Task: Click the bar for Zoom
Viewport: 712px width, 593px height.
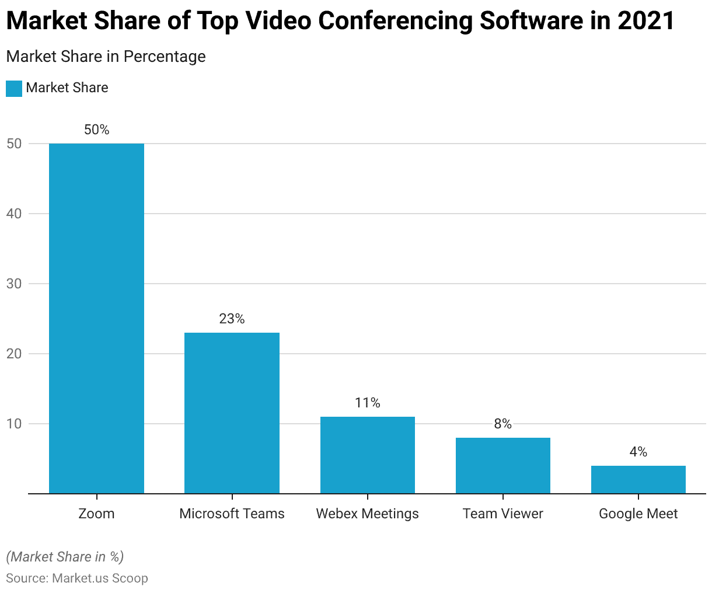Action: click(x=96, y=318)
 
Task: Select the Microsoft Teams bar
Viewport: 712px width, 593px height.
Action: click(x=232, y=413)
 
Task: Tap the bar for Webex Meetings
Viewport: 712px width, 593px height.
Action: click(x=368, y=455)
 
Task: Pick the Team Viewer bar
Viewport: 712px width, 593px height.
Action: click(x=503, y=465)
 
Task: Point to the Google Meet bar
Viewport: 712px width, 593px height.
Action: click(x=638, y=479)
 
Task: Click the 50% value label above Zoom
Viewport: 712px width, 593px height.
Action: click(x=96, y=130)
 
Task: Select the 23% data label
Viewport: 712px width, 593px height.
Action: click(x=232, y=319)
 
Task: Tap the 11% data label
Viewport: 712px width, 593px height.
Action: click(x=368, y=403)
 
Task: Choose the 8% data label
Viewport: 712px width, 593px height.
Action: click(x=503, y=424)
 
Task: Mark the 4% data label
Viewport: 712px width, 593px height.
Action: click(x=638, y=452)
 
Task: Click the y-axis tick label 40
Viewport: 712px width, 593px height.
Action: click(x=15, y=214)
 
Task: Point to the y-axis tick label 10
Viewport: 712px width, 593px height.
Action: click(x=15, y=424)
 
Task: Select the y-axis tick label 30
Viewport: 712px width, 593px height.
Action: click(x=15, y=284)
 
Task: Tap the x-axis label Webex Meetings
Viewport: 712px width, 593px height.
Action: click(x=368, y=514)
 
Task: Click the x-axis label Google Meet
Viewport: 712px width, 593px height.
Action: click(x=638, y=514)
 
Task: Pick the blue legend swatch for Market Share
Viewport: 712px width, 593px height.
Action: click(x=14, y=88)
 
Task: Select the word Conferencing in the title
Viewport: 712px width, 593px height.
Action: click(x=397, y=21)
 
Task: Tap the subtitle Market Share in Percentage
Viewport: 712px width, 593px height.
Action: click(x=106, y=57)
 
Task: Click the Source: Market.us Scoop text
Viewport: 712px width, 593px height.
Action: click(x=77, y=578)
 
